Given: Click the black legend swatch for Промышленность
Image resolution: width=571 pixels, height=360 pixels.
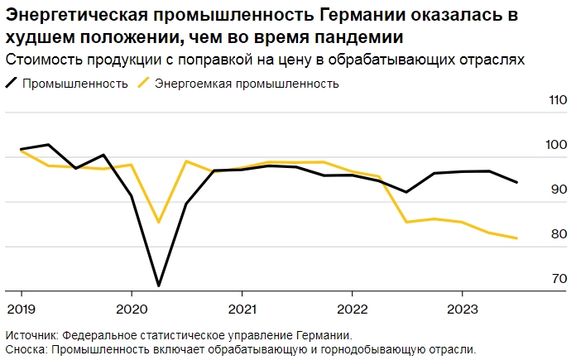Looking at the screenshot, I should [x=11, y=83].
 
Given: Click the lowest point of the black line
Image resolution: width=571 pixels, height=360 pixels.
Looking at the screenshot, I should [x=158, y=286].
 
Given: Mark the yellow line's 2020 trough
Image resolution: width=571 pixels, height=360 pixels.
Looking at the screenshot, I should [x=158, y=223].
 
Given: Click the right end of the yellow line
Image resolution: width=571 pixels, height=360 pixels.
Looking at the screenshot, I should [x=517, y=238].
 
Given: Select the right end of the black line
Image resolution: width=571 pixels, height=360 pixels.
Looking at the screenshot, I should [x=517, y=182].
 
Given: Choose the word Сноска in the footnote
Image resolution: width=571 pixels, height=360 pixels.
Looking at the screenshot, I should [x=25, y=349].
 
